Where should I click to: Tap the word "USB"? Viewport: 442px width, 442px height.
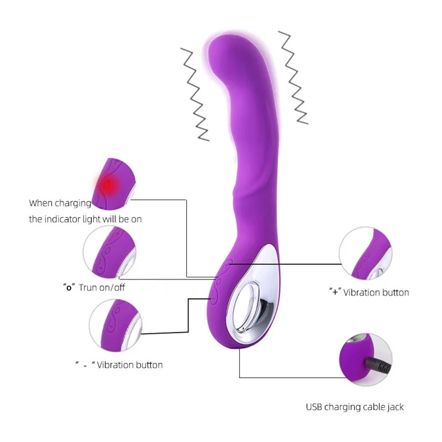(315, 407)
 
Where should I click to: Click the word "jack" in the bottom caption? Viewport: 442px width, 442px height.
(395, 407)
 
